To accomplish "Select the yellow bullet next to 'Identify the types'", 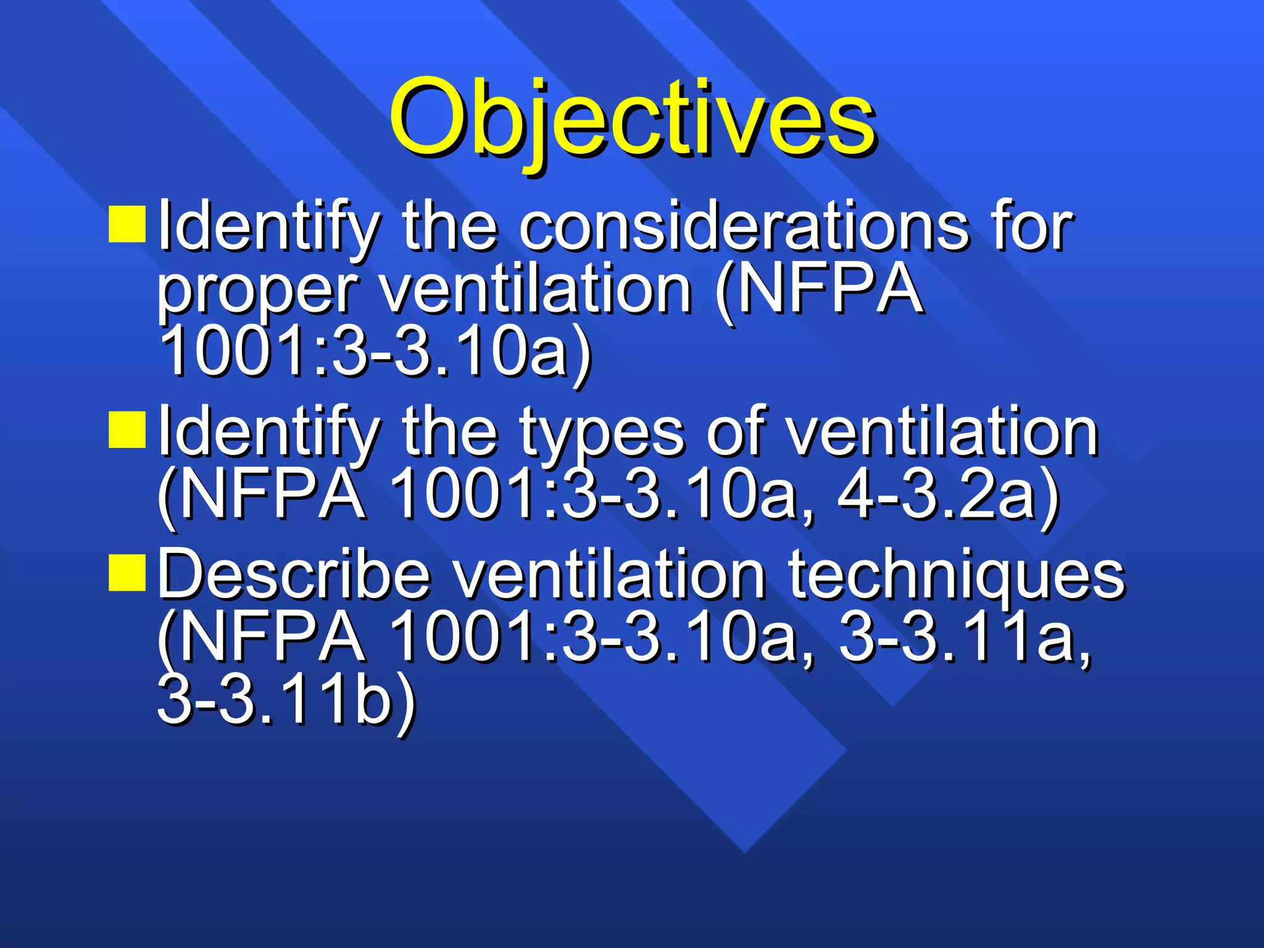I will coord(127,430).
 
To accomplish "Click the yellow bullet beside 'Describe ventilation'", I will coord(127,573).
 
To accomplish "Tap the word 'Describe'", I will coord(294,574).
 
